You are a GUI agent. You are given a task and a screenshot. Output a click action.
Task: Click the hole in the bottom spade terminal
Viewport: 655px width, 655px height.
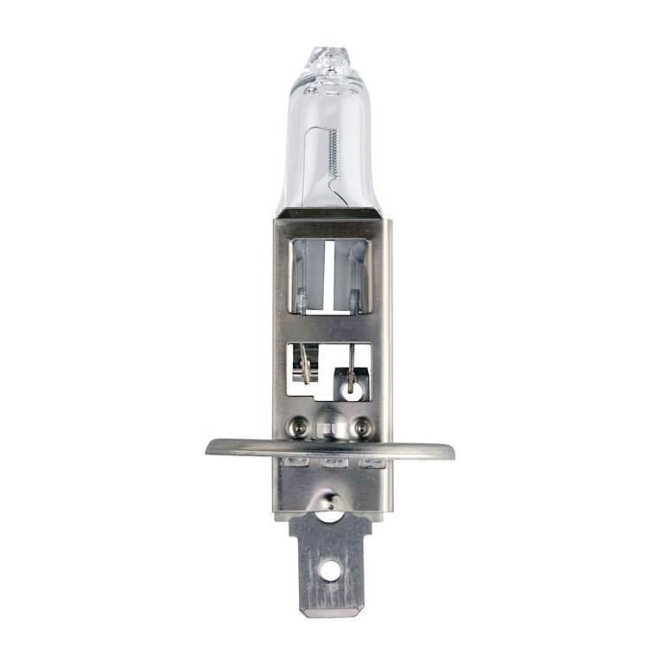(329, 569)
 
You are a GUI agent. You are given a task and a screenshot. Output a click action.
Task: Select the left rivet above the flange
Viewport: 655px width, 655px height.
(299, 425)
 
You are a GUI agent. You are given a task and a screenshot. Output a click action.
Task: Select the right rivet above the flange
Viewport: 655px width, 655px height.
(362, 425)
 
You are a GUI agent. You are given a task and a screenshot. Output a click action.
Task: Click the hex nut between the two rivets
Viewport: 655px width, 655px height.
(331, 426)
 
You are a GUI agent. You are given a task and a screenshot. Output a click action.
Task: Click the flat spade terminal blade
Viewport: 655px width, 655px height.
(329, 562)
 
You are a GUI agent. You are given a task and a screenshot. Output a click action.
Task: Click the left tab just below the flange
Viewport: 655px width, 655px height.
(296, 463)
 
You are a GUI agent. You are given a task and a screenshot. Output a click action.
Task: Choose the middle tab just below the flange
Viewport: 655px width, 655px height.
(333, 464)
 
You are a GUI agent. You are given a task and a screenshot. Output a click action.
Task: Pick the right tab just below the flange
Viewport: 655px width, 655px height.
(372, 464)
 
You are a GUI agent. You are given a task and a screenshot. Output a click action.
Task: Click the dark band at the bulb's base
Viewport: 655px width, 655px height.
(330, 213)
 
